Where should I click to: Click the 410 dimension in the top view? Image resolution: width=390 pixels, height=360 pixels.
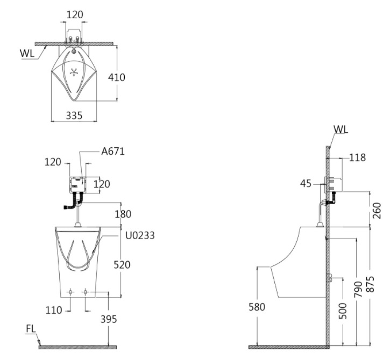coord(116,77)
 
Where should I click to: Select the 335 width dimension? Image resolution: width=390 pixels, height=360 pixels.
coord(74,116)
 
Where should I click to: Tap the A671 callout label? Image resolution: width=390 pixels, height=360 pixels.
coord(113,151)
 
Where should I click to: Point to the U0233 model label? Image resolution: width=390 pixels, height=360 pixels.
coord(140,235)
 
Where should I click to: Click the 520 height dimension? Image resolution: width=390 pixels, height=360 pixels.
coord(122,265)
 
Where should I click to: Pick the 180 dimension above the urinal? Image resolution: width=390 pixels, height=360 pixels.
coord(123,214)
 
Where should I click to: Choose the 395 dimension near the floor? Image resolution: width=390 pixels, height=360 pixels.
coord(109,319)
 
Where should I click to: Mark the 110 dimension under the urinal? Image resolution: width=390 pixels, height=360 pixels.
coord(54,310)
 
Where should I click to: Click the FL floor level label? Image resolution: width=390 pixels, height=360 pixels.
coord(31,329)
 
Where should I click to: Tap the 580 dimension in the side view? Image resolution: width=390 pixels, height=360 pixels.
coord(257,307)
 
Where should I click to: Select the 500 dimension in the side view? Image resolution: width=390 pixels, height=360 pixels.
coord(343,311)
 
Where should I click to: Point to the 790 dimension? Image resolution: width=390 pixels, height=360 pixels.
coord(358,289)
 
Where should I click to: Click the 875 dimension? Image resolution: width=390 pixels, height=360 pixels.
coord(370,284)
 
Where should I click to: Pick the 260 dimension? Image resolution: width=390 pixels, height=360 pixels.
coord(377,211)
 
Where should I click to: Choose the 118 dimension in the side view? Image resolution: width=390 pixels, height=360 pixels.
coord(357,157)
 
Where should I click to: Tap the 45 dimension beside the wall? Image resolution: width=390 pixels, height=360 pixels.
coord(306,184)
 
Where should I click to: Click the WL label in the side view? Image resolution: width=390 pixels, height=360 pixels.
coord(341,129)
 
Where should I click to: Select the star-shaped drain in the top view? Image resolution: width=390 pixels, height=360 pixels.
coord(74,73)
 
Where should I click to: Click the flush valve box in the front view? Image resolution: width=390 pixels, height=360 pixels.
coord(77,185)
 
